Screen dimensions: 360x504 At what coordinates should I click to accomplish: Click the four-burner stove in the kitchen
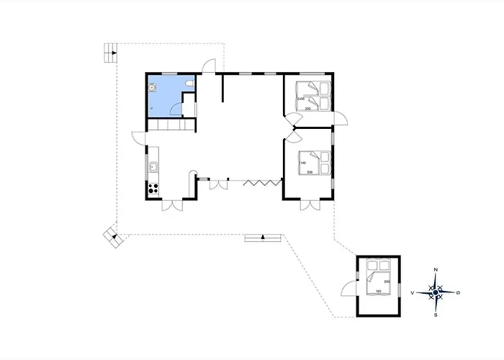click(153, 189)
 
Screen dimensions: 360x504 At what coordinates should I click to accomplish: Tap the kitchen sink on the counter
click(153, 168)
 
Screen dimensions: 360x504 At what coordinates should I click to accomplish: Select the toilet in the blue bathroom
click(188, 86)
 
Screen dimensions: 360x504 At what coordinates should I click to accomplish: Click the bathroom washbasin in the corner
click(153, 88)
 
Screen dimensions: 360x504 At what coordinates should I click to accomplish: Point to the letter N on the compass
click(436, 269)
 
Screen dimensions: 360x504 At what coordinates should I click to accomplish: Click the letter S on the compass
click(436, 315)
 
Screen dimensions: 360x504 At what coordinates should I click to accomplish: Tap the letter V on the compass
click(412, 293)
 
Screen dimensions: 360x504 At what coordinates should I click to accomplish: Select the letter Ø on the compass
click(459, 292)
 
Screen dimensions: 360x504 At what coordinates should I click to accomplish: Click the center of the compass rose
click(436, 292)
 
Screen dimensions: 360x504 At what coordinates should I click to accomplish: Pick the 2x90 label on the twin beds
click(300, 99)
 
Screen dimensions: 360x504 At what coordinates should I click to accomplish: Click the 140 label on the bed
click(302, 163)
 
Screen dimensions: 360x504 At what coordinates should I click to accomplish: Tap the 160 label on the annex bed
click(378, 291)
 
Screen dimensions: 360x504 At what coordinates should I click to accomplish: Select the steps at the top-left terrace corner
click(109, 51)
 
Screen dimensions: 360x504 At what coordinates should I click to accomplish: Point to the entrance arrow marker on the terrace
click(264, 236)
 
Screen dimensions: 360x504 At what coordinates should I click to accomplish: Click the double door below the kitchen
click(172, 206)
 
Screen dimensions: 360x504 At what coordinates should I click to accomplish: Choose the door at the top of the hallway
click(207, 66)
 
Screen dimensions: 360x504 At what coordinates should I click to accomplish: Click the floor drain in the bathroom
click(152, 100)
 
